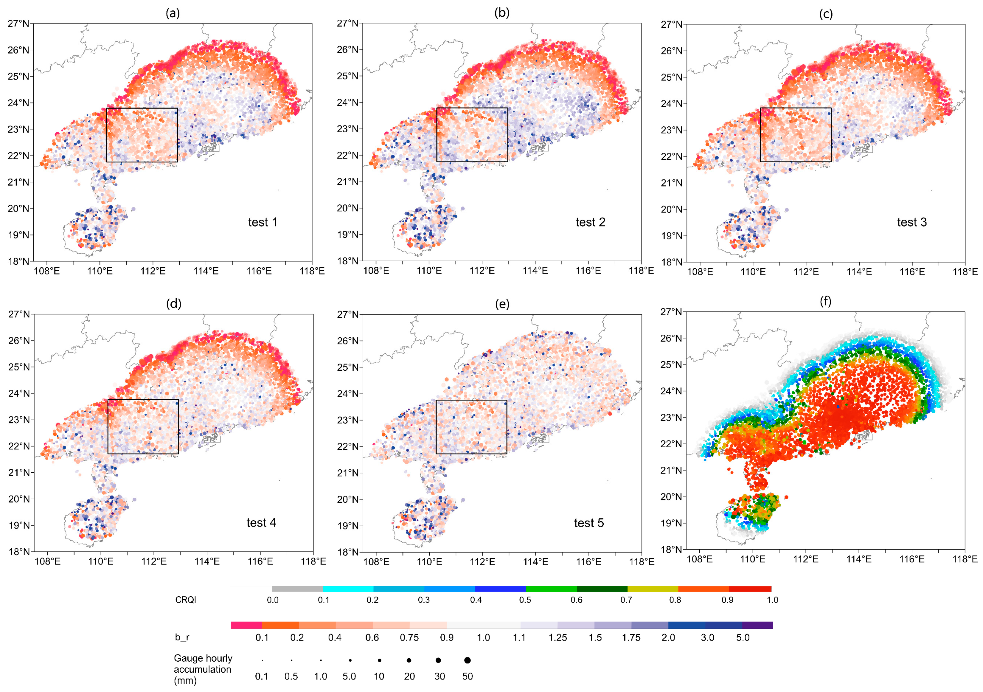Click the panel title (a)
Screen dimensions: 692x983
pos(173,13)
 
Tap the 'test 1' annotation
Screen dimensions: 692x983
pos(263,222)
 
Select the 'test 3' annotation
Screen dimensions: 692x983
pos(911,222)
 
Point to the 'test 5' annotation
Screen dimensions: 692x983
pos(589,523)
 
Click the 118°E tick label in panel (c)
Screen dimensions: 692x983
pos(965,271)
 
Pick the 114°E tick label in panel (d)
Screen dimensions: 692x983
pos(207,561)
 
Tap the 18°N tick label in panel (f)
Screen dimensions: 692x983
pos(671,550)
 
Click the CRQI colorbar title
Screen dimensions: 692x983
pos(185,600)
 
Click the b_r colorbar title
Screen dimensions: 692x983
pos(182,637)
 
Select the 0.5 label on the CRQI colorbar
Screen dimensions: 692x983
pos(525,600)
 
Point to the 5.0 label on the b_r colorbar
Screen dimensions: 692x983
pos(743,637)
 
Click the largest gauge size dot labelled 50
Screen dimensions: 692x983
pos(467,660)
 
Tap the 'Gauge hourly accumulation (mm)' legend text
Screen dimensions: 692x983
pos(203,669)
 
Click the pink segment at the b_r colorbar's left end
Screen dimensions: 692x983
pos(246,625)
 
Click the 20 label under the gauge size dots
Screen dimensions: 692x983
pos(409,676)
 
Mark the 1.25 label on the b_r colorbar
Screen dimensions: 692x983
pos(558,637)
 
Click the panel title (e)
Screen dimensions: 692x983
pos(502,304)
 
